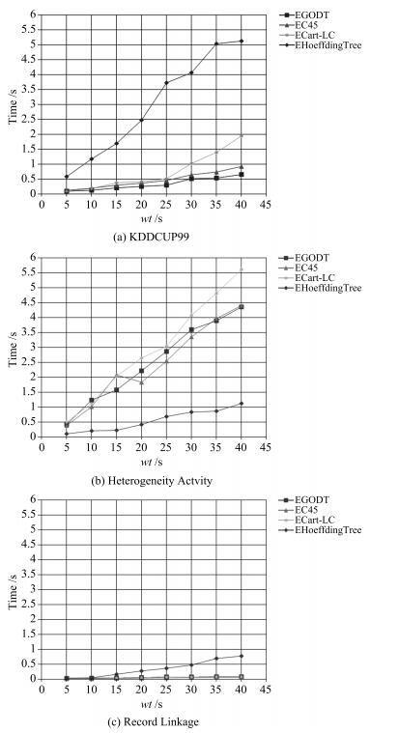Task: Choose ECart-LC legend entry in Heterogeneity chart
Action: tap(310, 278)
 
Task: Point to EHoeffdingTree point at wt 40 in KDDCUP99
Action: tap(242, 42)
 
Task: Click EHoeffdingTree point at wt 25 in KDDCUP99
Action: tap(166, 83)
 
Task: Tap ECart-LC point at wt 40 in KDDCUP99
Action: tap(242, 135)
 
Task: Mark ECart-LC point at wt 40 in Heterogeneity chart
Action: tap(242, 268)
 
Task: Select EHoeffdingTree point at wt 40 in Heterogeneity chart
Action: tap(242, 403)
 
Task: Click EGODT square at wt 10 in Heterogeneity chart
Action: tap(91, 400)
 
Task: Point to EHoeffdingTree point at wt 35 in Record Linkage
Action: tap(216, 659)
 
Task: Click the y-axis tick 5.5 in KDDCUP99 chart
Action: tap(29, 29)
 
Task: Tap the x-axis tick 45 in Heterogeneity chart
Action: tap(266, 446)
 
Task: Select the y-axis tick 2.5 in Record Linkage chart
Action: tap(29, 605)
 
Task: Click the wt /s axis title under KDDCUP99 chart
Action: tap(153, 218)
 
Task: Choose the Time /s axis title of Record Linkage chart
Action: tap(14, 588)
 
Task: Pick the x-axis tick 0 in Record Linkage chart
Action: tap(42, 689)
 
